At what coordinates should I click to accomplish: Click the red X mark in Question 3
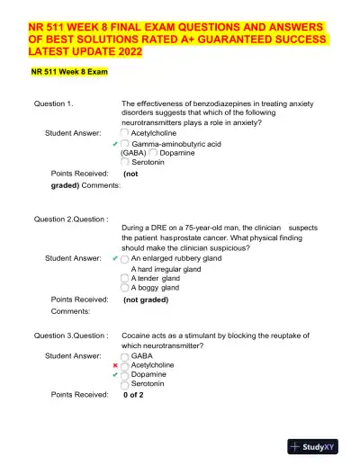[x=115, y=366]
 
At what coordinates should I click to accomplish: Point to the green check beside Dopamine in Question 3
[x=115, y=375]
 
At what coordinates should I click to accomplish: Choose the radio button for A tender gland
[x=124, y=278]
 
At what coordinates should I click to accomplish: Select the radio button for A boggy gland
[x=124, y=288]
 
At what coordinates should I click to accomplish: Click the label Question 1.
[x=54, y=104]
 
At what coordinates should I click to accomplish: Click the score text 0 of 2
[x=133, y=394]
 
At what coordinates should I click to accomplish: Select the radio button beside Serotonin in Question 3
[x=124, y=385]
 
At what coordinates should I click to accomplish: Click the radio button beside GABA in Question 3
[x=124, y=355]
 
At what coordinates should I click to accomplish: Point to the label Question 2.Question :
[x=70, y=220]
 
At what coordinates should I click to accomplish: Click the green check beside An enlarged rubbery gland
[x=115, y=258]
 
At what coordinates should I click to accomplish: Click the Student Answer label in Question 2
[x=73, y=258]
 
